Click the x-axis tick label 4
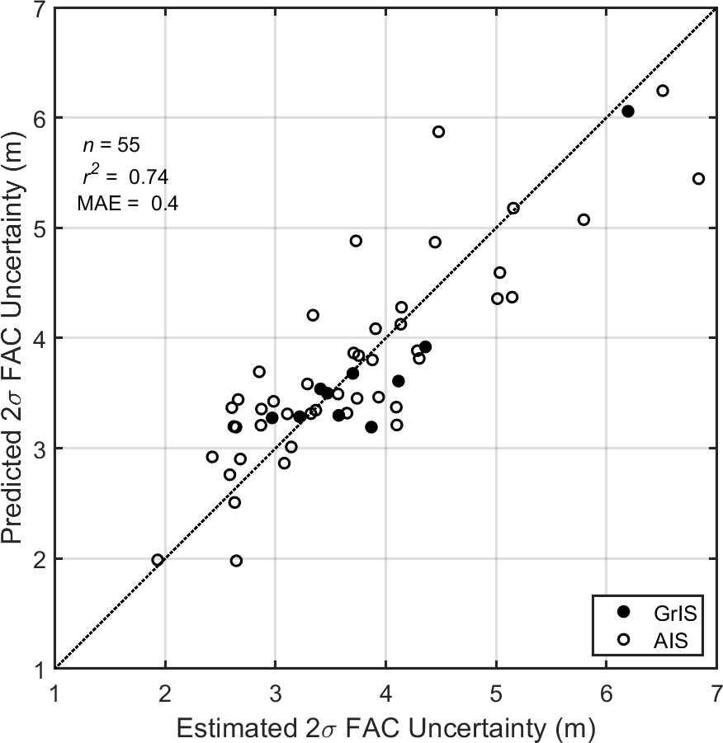coord(385,689)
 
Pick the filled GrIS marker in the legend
coord(624,611)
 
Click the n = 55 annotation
coord(111,146)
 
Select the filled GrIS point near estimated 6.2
coord(628,111)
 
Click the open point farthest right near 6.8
coord(698,179)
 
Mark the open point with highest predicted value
coord(662,91)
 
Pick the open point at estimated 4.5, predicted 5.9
coord(438,132)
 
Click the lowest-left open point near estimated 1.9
coord(158,560)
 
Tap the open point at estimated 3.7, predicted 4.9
coord(356,241)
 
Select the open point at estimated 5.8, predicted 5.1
coord(584,219)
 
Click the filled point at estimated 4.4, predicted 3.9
coord(425,347)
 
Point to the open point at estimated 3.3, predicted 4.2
coord(313,315)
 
